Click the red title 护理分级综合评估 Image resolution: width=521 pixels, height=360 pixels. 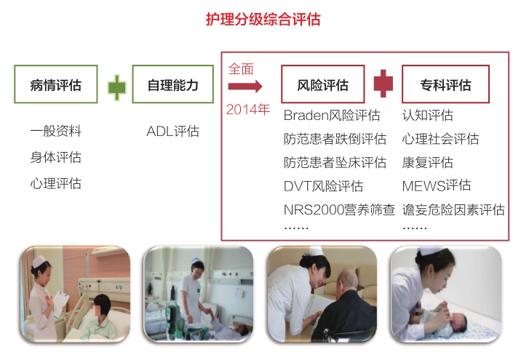pyautogui.click(x=263, y=19)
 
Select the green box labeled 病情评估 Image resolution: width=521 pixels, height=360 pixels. pyautogui.click(x=56, y=84)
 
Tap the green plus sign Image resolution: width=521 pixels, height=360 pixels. pyautogui.click(x=117, y=87)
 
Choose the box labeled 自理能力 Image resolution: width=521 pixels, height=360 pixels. pyautogui.click(x=172, y=84)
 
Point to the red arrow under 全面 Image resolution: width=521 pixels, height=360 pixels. pyautogui.click(x=245, y=87)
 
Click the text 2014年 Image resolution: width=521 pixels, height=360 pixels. pyautogui.click(x=248, y=109)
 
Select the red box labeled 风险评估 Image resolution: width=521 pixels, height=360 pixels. pyautogui.click(x=323, y=84)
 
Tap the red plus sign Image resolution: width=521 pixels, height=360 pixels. pyautogui.click(x=383, y=84)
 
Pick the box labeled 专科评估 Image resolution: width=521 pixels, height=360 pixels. pyautogui.click(x=445, y=84)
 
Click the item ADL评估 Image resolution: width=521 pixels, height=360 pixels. pyautogui.click(x=172, y=131)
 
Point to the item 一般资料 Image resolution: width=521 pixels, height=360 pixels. pyautogui.click(x=56, y=131)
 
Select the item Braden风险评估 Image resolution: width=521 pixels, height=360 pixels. pyautogui.click(x=332, y=115)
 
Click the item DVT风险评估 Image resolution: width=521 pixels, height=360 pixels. pyautogui.click(x=323, y=186)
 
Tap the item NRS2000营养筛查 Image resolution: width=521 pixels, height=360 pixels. pyautogui.click(x=339, y=209)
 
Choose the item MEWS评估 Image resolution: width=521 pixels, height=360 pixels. pyautogui.click(x=437, y=185)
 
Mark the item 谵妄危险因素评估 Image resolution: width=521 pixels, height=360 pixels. pyautogui.click(x=453, y=209)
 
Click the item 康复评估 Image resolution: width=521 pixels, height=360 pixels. pyautogui.click(x=428, y=162)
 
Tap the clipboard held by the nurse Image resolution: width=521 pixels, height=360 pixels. pyautogui.click(x=60, y=303)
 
